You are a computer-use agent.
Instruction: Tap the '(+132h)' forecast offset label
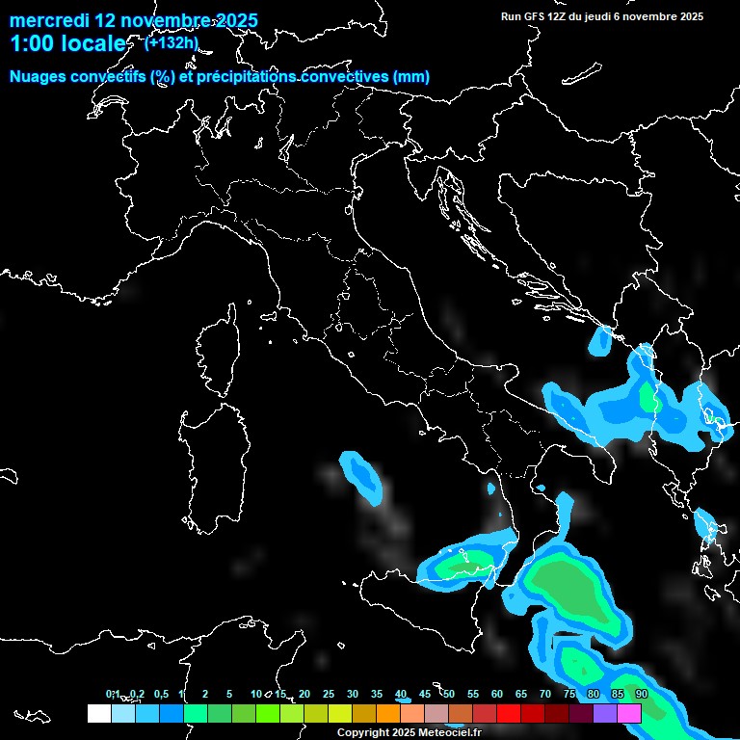pos(172,42)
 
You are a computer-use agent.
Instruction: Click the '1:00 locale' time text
pos(67,43)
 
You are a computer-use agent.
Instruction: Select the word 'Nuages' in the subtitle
pos(39,77)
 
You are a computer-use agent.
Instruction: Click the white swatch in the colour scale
pos(98,713)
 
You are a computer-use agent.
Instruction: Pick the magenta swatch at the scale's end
pos(629,713)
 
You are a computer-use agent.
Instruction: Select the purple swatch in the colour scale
pos(605,713)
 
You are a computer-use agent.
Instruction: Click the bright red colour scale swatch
pos(509,713)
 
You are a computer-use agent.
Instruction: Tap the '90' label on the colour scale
pos(641,695)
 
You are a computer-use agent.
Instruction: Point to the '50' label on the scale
pos(448,695)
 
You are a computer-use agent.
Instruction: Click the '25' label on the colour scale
pos(328,695)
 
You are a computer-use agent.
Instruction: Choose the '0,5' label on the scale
pos(160,695)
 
